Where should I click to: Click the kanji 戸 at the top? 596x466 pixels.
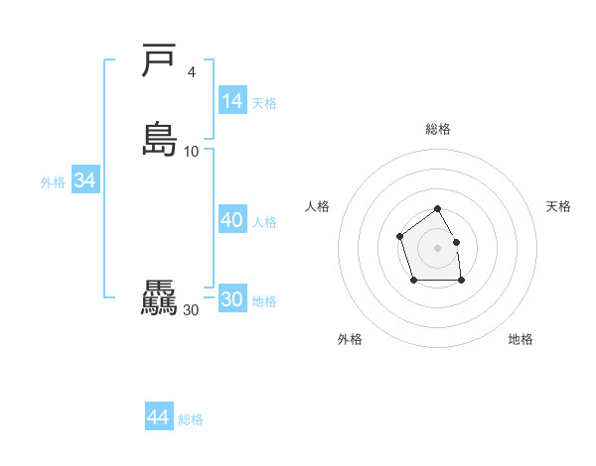click(x=159, y=62)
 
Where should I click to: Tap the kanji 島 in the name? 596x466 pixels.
click(x=159, y=139)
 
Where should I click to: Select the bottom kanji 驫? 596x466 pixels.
click(x=159, y=298)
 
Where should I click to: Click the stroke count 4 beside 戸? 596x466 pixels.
click(x=191, y=71)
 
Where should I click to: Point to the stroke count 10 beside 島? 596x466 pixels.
click(x=192, y=151)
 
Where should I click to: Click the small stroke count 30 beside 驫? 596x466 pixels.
click(x=192, y=310)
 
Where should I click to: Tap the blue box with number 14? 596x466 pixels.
click(x=232, y=101)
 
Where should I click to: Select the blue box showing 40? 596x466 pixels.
click(x=232, y=220)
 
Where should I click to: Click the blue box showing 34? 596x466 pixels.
click(x=84, y=180)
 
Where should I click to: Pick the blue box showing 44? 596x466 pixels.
click(x=159, y=417)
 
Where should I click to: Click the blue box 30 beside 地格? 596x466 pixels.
click(x=232, y=299)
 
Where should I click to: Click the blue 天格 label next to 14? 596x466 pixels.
click(x=264, y=103)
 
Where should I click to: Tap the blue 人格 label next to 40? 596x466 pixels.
click(x=264, y=222)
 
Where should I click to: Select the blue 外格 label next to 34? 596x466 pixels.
click(x=53, y=182)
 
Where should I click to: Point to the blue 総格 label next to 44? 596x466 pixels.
click(x=191, y=419)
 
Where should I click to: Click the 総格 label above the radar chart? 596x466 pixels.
click(x=438, y=129)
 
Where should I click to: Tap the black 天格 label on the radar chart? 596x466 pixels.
click(x=559, y=206)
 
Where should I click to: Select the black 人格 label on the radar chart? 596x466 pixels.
click(x=318, y=206)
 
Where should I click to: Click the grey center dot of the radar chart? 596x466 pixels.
click(x=437, y=247)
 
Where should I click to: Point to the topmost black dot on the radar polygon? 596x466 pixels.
click(x=437, y=209)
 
